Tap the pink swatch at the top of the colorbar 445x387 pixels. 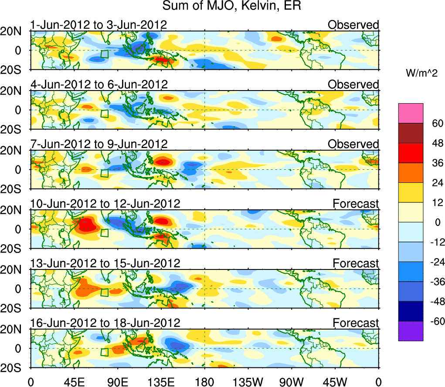click(x=411, y=113)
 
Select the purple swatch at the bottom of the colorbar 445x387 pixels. click(x=411, y=331)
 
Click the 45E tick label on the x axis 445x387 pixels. click(x=75, y=381)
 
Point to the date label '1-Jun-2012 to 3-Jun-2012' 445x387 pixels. click(x=99, y=25)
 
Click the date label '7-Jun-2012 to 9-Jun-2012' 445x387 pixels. click(x=99, y=144)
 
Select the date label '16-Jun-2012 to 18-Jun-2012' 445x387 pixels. click(x=105, y=323)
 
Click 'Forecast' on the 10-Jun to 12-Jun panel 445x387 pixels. click(x=356, y=204)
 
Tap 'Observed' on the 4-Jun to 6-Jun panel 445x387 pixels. click(x=353, y=84)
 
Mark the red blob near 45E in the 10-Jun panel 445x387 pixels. click(x=86, y=225)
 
